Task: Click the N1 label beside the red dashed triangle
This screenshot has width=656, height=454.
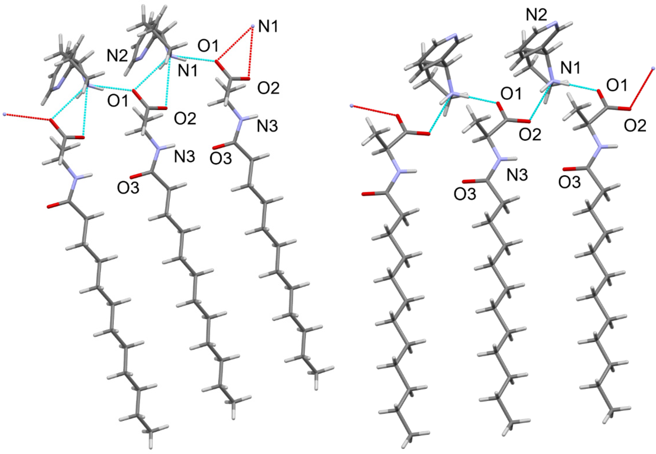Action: (267, 28)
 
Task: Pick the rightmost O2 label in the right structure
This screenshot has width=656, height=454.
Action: (635, 125)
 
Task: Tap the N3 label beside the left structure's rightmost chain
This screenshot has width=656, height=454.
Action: (267, 127)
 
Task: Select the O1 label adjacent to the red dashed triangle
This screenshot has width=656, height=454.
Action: (209, 46)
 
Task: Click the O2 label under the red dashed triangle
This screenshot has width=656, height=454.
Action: (268, 88)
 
